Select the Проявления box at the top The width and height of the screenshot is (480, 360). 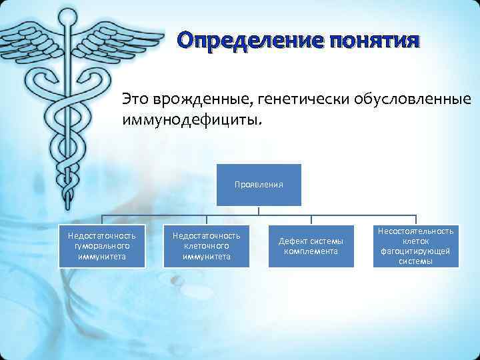pyautogui.click(x=259, y=185)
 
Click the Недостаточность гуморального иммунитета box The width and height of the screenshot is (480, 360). pyautogui.click(x=101, y=246)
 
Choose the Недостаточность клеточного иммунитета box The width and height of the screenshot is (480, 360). pyautogui.click(x=207, y=246)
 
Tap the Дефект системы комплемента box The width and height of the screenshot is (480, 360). pyautogui.click(x=311, y=246)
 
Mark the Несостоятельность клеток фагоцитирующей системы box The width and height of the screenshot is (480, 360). pyautogui.click(x=416, y=246)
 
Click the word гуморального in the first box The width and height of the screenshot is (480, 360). pyautogui.click(x=101, y=246)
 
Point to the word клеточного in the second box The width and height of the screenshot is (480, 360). pyautogui.click(x=207, y=246)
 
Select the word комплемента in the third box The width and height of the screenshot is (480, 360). pyautogui.click(x=311, y=251)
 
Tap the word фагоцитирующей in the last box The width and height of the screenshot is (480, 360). pyautogui.click(x=416, y=251)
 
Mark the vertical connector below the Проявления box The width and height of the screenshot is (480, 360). pyautogui.click(x=259, y=210)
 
